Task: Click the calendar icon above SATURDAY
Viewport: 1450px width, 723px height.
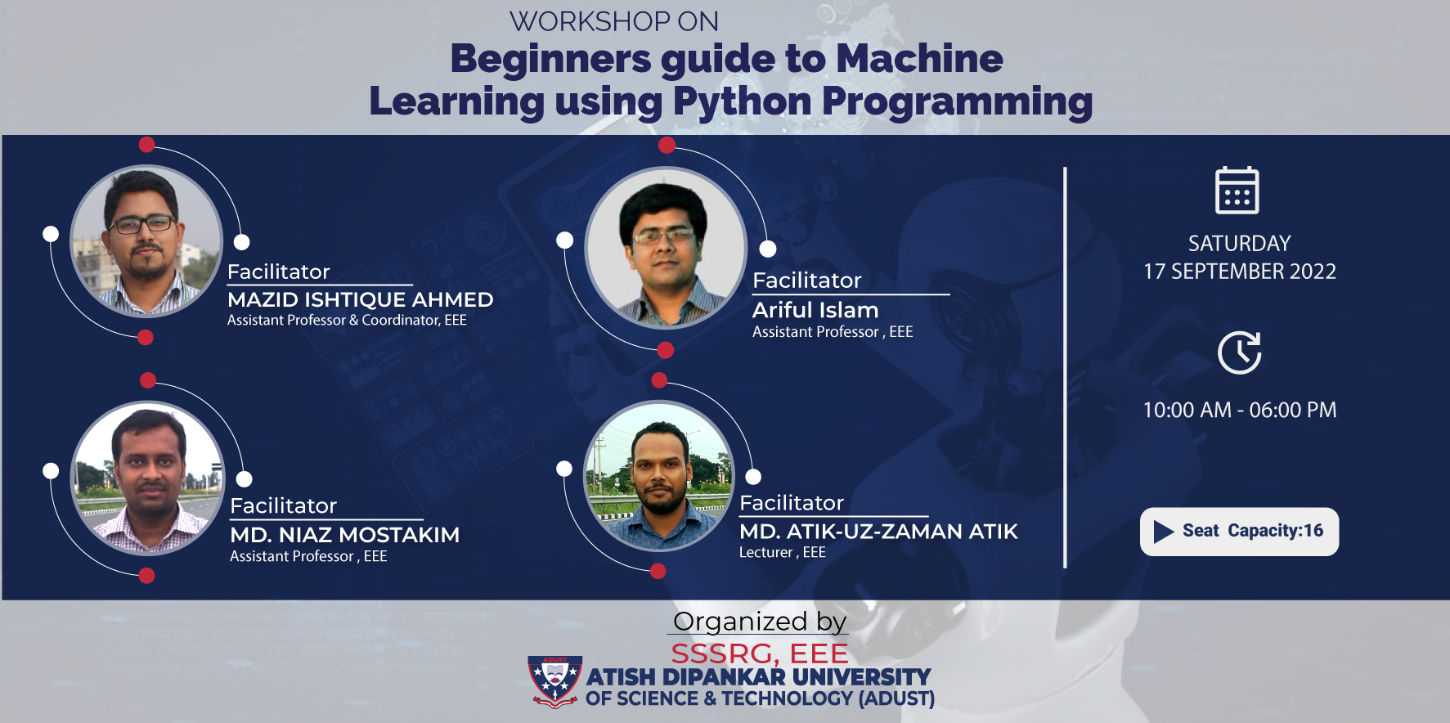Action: pos(1237,190)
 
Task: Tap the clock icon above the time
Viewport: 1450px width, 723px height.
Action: pos(1239,353)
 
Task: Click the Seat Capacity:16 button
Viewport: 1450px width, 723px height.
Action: pos(1239,532)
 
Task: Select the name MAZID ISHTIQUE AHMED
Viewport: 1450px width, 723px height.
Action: pos(360,299)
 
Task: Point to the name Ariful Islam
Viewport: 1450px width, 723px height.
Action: pos(815,310)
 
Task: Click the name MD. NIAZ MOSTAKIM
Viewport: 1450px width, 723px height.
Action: pos(344,535)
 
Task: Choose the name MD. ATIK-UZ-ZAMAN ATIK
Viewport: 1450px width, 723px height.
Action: pos(878,532)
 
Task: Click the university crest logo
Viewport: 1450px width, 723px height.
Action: pos(555,680)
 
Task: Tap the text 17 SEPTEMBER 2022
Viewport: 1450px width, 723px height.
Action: pos(1240,272)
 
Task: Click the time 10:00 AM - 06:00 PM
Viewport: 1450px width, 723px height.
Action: pos(1240,410)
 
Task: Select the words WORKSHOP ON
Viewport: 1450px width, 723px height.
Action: pos(614,21)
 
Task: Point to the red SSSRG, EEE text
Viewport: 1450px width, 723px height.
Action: pos(760,653)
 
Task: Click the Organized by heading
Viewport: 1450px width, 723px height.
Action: pos(760,622)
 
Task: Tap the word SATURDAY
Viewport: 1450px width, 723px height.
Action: pos(1240,244)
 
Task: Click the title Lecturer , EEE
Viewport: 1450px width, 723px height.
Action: pos(783,553)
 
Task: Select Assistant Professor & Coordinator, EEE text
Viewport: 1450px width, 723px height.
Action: pos(347,321)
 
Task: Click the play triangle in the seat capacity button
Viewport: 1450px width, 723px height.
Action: pos(1164,532)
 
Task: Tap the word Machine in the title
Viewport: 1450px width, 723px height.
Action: pos(919,59)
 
